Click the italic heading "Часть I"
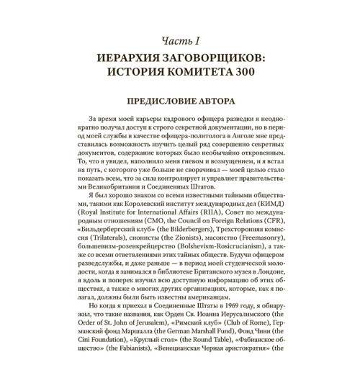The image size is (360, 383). [179, 39]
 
